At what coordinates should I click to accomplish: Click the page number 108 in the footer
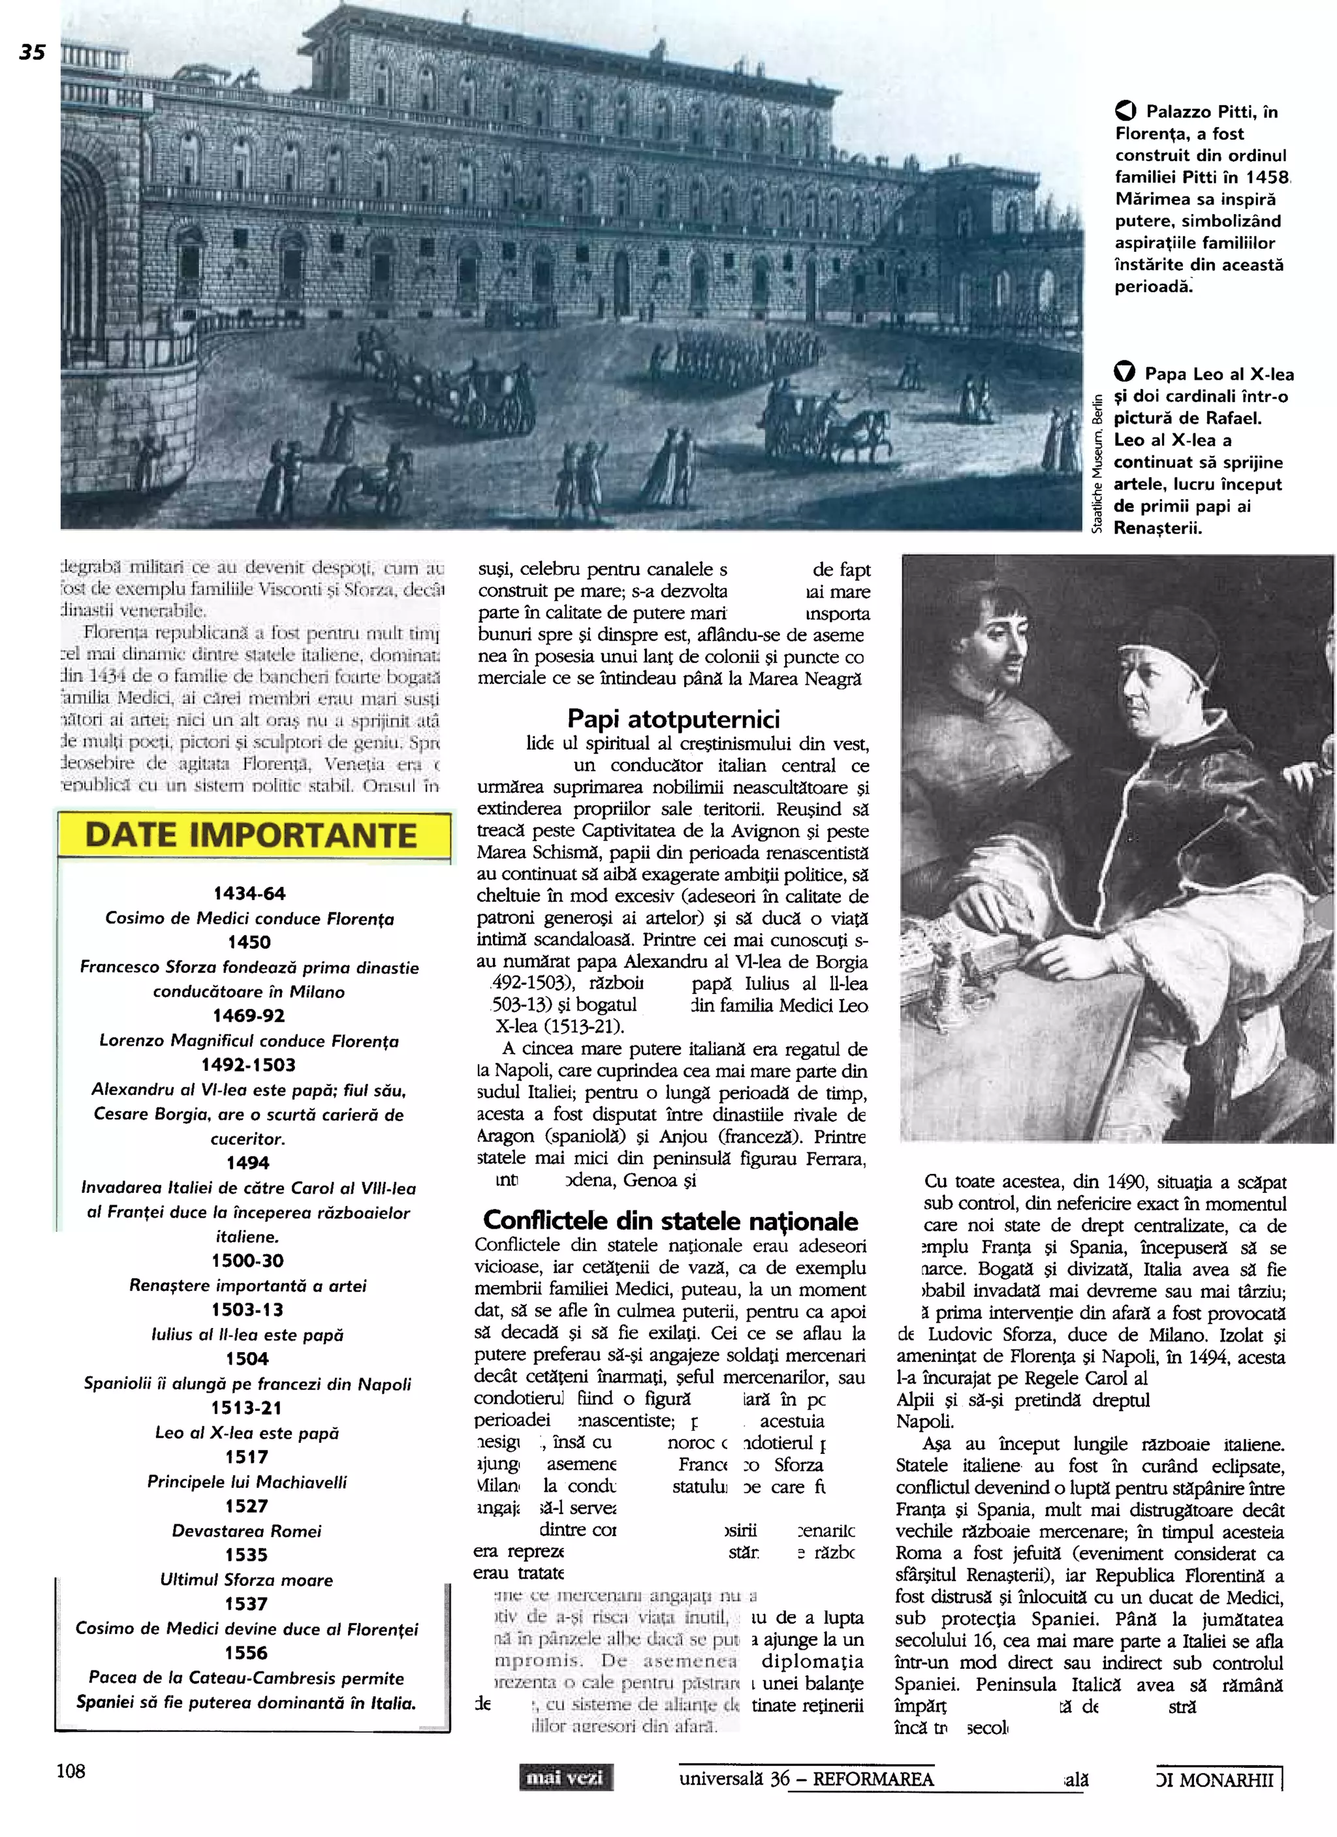point(71,1770)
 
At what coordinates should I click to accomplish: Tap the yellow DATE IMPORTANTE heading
point(251,835)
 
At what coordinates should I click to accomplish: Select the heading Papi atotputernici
point(672,718)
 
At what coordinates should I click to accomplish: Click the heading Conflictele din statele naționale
point(670,1220)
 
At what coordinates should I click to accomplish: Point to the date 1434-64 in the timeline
point(249,893)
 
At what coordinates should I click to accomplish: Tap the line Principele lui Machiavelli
point(247,1481)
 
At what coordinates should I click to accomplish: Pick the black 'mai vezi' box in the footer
point(565,1778)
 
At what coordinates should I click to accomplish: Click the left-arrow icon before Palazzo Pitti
point(1125,111)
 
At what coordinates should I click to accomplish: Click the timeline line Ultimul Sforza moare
point(247,1579)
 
